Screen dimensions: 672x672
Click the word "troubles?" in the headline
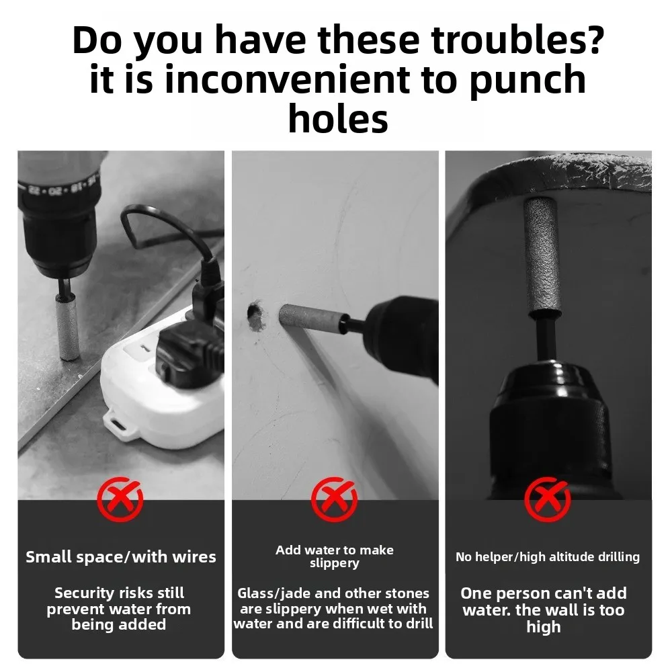click(x=517, y=41)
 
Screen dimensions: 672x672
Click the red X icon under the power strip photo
click(x=120, y=499)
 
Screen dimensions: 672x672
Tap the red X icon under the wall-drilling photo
click(x=334, y=499)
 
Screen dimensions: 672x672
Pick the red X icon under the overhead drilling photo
click(x=548, y=499)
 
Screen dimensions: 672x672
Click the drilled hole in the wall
click(x=256, y=316)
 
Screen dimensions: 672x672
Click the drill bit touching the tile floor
click(x=67, y=326)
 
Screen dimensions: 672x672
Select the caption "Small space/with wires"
click(x=121, y=556)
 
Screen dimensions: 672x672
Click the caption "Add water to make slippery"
click(x=335, y=556)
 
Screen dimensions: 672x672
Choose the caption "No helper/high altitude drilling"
click(x=548, y=556)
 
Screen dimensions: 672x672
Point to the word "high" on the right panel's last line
click(x=544, y=627)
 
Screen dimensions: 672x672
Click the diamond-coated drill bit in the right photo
click(x=542, y=257)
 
